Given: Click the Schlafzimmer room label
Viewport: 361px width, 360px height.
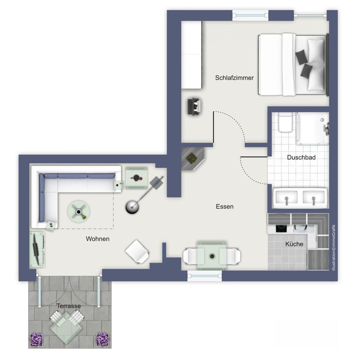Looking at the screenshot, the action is point(234,78).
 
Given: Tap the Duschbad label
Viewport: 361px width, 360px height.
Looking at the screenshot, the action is point(301,157).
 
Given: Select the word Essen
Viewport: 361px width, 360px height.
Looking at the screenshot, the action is point(224,206).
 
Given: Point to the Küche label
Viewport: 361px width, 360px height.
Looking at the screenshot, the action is point(294,244).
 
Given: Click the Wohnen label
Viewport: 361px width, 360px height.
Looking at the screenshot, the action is point(98,239).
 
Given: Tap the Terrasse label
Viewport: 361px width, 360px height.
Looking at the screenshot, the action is point(69,306).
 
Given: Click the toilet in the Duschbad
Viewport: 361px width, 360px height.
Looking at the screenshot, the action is point(285,122).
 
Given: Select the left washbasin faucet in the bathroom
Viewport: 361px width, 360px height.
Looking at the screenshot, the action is point(286,201).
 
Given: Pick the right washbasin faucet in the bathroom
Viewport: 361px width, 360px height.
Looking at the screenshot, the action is point(313,201).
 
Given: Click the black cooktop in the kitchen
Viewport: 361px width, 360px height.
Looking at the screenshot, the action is point(281,228).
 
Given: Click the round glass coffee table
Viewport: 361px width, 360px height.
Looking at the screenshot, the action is point(79,211).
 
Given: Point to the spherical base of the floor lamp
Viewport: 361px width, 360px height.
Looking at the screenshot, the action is point(132,207).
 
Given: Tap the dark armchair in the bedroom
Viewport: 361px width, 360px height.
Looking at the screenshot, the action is point(195,106).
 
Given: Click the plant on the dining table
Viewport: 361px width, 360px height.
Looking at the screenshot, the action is point(212,256).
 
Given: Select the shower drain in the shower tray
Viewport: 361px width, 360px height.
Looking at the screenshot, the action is point(322,119).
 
